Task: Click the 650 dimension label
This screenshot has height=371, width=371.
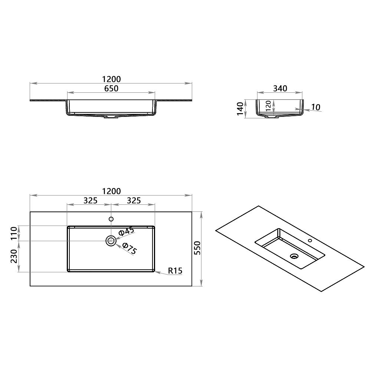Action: pyautogui.click(x=111, y=89)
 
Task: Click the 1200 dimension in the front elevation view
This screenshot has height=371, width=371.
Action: pyautogui.click(x=111, y=79)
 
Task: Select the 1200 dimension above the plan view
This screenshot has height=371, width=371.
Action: pyautogui.click(x=111, y=191)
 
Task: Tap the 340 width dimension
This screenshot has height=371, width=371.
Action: pyautogui.click(x=280, y=88)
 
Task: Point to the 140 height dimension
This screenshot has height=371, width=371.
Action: pyautogui.click(x=240, y=109)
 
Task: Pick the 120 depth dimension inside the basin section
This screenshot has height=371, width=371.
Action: pyautogui.click(x=268, y=106)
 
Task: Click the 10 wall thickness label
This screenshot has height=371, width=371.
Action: pyautogui.click(x=315, y=107)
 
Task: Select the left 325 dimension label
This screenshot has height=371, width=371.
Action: pyautogui.click(x=90, y=201)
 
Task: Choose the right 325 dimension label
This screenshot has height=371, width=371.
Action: pyautogui.click(x=134, y=201)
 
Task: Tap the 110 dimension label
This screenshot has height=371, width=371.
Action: pyautogui.click(x=14, y=233)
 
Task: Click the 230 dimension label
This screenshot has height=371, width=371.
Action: pyautogui.click(x=14, y=256)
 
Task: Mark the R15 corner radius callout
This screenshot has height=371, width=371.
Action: pyautogui.click(x=175, y=271)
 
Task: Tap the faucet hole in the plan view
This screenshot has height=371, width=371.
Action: pyautogui.click(x=111, y=219)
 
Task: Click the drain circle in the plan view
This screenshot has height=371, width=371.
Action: pyautogui.click(x=111, y=241)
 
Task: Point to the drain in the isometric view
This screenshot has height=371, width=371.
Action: pyautogui.click(x=295, y=256)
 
